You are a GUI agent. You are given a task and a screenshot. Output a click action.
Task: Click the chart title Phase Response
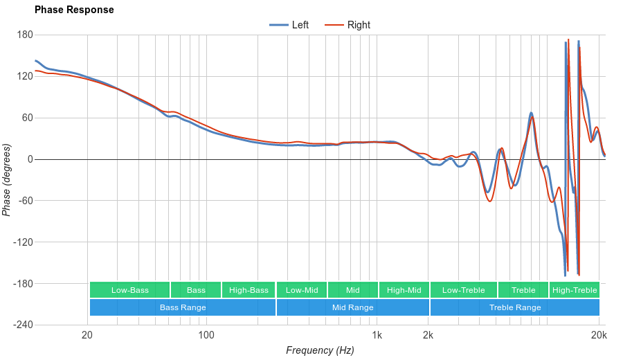[x=74, y=10]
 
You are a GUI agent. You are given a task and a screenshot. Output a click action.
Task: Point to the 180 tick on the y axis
[x=25, y=35]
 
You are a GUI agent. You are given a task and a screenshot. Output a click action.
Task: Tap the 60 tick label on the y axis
[x=27, y=118]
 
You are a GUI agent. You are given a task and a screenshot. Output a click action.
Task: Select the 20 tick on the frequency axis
[x=87, y=336]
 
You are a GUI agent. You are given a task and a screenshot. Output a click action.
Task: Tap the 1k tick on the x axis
[x=377, y=336]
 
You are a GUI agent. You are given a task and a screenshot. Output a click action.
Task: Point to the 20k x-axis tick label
[x=599, y=336]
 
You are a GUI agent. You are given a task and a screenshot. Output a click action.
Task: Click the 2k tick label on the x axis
[x=428, y=336]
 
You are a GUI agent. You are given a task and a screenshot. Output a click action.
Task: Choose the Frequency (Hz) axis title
[x=320, y=350]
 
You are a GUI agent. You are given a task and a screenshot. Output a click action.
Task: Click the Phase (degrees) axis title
[x=7, y=180]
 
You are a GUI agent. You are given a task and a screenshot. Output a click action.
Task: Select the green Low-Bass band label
[x=129, y=290]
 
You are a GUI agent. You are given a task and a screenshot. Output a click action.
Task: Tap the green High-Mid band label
[x=404, y=290]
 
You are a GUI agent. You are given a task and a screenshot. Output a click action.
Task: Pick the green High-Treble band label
[x=574, y=290]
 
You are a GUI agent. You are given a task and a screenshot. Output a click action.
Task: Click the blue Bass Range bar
[x=183, y=307]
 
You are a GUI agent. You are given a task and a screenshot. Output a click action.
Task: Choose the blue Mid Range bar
[x=352, y=307]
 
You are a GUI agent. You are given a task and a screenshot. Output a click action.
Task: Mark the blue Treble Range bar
[x=515, y=307]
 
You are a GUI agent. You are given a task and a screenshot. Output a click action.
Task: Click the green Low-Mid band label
[x=302, y=290]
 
